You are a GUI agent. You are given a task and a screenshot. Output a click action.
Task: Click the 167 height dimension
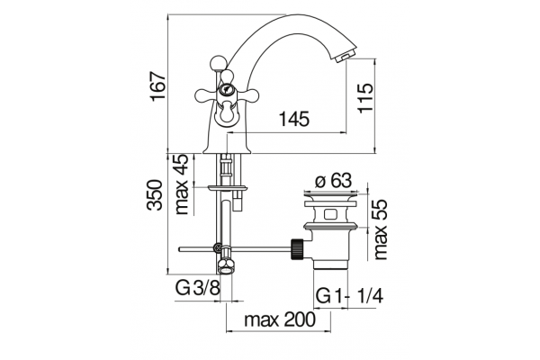158,86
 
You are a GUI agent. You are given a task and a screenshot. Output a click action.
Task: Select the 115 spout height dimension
365,97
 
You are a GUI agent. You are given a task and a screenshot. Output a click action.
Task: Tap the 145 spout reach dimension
293,119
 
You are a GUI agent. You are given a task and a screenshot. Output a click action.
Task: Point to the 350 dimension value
154,194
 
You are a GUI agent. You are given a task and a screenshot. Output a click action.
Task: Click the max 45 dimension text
182,184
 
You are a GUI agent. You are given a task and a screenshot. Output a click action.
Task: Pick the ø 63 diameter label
334,180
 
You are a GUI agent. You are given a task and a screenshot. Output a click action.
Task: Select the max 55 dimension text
381,229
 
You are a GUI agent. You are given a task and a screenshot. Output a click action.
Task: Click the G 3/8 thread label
197,288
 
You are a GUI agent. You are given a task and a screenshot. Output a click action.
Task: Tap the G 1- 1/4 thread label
349,295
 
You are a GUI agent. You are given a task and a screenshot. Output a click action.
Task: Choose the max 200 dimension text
279,319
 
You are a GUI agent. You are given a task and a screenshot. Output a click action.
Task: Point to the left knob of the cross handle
202,94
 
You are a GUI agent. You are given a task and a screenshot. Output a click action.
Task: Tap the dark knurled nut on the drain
297,248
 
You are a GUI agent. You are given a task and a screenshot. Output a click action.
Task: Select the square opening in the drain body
330,215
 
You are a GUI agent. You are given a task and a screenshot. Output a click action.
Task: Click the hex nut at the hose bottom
226,266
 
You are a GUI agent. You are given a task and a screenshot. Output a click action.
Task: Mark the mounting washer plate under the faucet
228,188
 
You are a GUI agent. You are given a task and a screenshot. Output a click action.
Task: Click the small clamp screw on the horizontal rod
218,247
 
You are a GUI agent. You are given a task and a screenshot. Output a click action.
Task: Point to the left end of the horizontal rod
179,249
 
